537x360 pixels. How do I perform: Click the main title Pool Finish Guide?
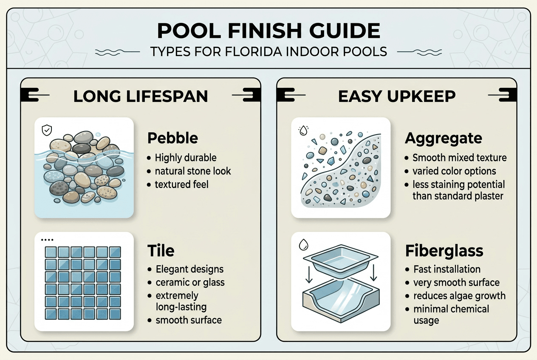point(268,31)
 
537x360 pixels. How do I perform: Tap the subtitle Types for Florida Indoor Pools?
point(268,52)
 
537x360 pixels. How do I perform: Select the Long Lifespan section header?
point(141,96)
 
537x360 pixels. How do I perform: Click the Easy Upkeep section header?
point(397,96)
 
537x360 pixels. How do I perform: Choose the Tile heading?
point(161,250)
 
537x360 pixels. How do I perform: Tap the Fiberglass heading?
point(444,250)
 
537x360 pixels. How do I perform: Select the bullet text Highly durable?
point(186,158)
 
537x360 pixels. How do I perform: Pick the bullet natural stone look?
point(193,171)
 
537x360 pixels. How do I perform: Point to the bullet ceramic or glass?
point(190,282)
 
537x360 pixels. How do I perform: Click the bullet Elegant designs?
point(189,269)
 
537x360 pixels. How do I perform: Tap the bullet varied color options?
point(455,171)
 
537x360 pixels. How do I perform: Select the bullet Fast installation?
point(447,269)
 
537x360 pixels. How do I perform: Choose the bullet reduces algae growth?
point(459,295)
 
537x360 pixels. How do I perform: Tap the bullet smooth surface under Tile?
point(189,320)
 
